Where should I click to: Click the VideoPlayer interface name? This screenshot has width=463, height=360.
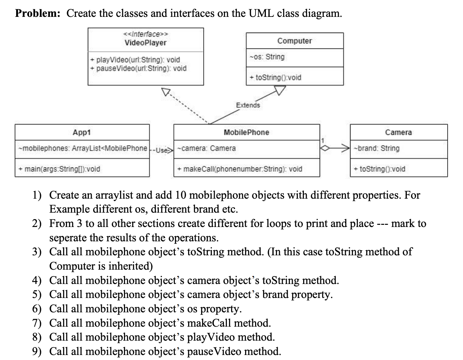click(x=145, y=43)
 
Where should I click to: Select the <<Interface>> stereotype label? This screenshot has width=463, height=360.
click(x=145, y=34)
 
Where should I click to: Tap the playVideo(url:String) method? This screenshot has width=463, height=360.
click(x=135, y=60)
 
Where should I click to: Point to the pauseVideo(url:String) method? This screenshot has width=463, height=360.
click(x=138, y=68)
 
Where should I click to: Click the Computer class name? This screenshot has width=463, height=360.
click(x=295, y=41)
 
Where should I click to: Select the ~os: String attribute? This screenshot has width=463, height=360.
click(x=267, y=57)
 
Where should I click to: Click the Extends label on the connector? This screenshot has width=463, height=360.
click(x=248, y=105)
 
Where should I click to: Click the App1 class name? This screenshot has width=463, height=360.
click(x=82, y=132)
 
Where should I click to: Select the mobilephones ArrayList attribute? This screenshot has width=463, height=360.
click(x=83, y=148)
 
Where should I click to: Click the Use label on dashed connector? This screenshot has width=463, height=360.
click(x=163, y=150)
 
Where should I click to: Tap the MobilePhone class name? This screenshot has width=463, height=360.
click(x=247, y=132)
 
